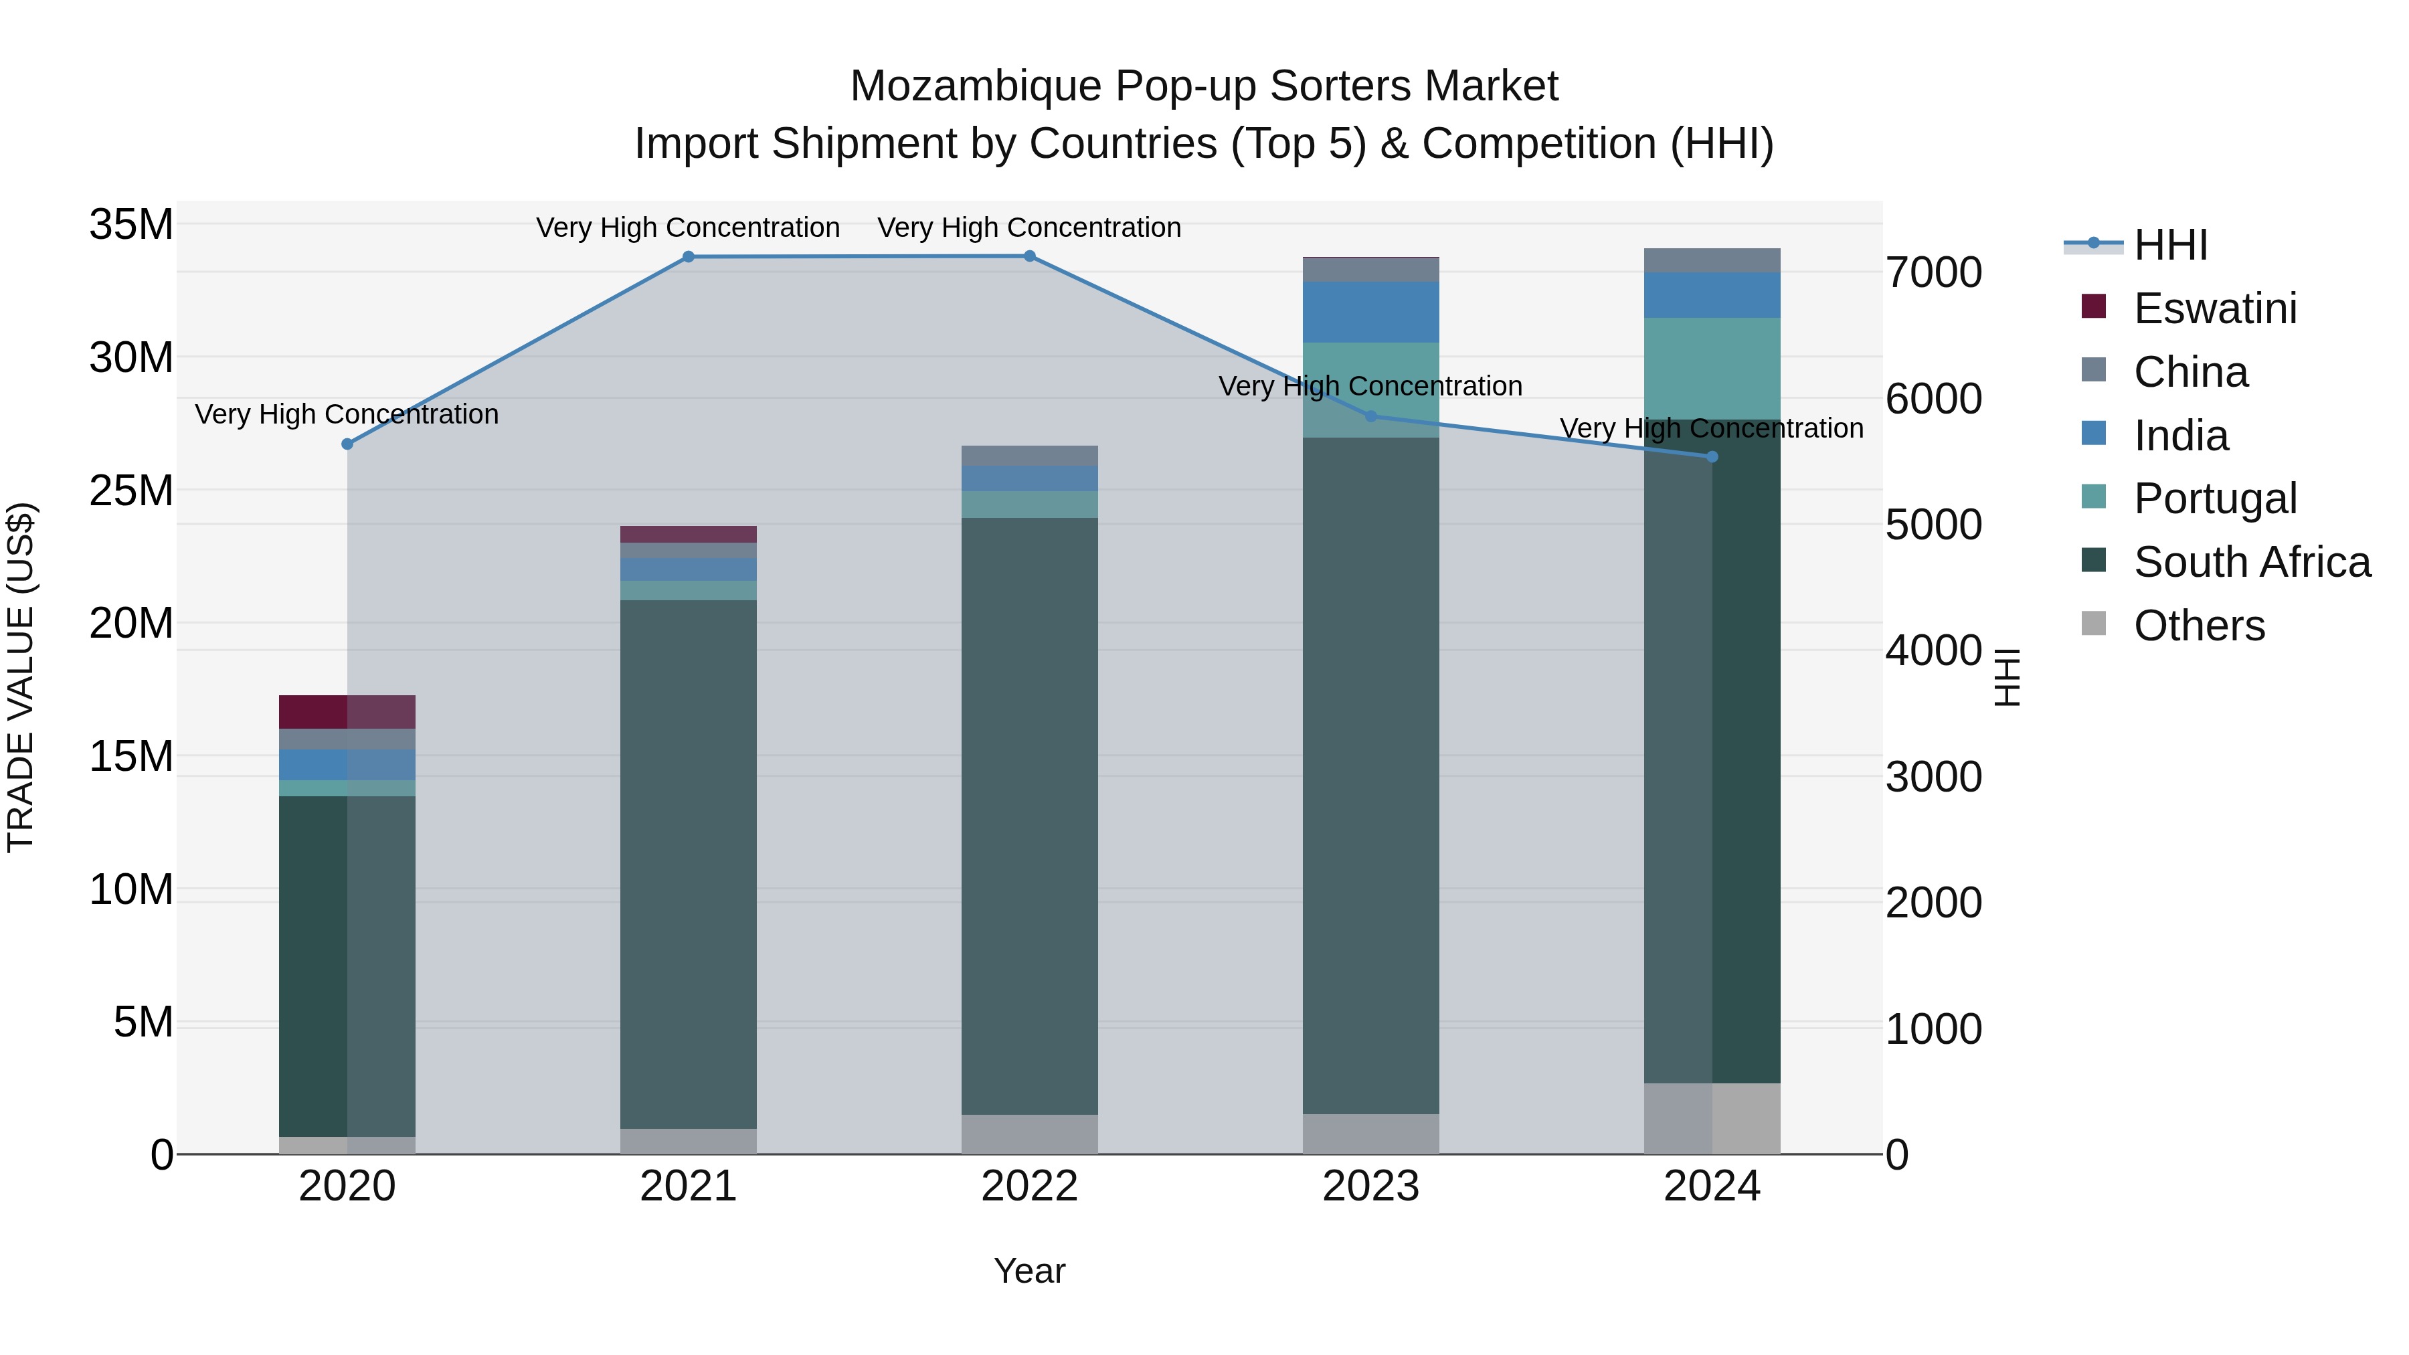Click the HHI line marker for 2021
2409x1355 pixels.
(x=689, y=257)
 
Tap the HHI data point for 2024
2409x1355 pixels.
(x=1712, y=457)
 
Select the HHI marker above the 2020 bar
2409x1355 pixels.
(x=347, y=444)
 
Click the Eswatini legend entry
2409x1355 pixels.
(x=2214, y=308)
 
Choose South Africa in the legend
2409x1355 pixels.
(x=2251, y=562)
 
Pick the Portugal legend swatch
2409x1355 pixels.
(x=2094, y=496)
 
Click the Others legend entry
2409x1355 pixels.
(x=2199, y=626)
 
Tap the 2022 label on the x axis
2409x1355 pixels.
(x=1030, y=1186)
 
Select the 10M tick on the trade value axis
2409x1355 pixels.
(x=131, y=889)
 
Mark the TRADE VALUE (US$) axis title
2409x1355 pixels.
(x=21, y=677)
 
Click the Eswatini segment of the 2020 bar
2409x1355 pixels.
(x=347, y=712)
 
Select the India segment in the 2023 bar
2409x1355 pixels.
(x=1371, y=312)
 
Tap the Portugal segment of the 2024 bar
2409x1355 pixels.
(x=1712, y=369)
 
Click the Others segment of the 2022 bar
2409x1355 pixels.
(x=1030, y=1134)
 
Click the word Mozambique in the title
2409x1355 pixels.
(x=976, y=87)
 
